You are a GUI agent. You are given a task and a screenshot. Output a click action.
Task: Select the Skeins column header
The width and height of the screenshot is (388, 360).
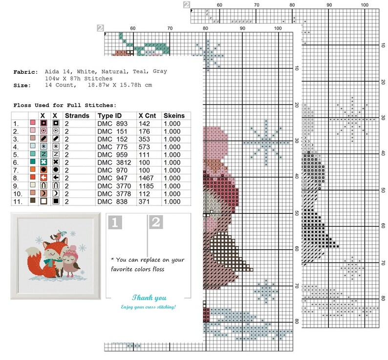click(x=174, y=116)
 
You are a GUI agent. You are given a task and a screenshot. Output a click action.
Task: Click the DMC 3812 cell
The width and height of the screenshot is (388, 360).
click(x=112, y=162)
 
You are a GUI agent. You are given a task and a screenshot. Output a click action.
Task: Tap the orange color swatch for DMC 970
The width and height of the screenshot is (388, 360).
click(x=33, y=169)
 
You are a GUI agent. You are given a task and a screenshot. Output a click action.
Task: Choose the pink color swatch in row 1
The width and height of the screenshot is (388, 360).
click(x=33, y=124)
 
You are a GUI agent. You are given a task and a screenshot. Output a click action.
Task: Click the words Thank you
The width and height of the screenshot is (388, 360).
click(x=149, y=297)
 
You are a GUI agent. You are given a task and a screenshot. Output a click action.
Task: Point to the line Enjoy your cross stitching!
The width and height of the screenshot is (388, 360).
click(x=149, y=307)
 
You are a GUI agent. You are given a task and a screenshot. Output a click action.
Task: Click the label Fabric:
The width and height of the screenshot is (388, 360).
click(x=25, y=72)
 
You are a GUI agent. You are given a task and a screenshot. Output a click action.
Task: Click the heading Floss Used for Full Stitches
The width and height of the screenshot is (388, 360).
click(x=65, y=105)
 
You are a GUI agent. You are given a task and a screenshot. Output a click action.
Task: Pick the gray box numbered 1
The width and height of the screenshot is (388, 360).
click(x=114, y=223)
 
